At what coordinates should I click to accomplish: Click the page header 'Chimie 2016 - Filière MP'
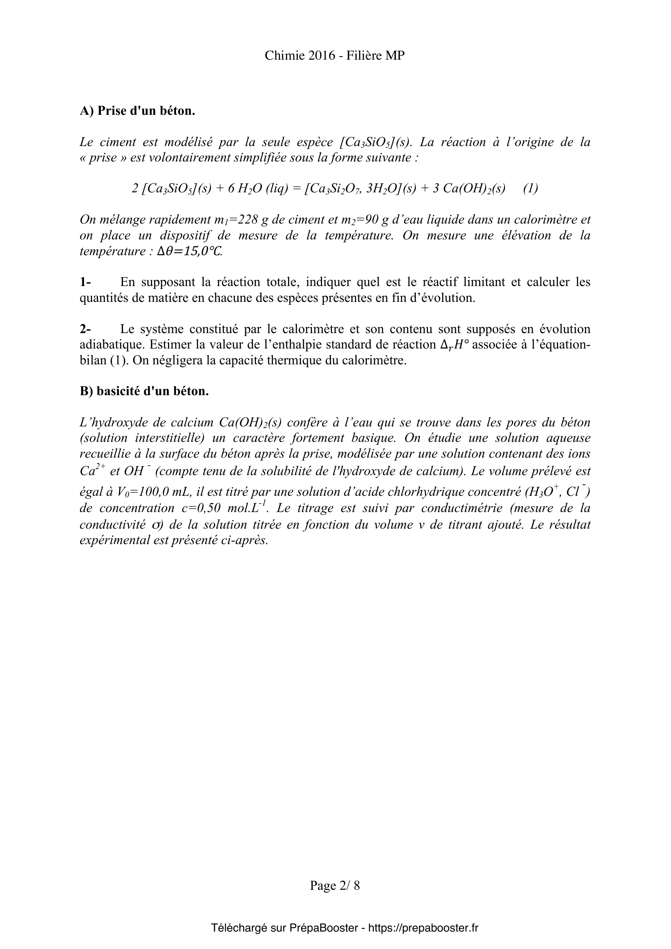pyautogui.click(x=335, y=56)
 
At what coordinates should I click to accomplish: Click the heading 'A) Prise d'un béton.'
pyautogui.click(x=137, y=111)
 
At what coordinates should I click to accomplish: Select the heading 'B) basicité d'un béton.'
pyautogui.click(x=144, y=391)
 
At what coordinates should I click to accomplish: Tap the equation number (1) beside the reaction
pyautogui.click(x=531, y=189)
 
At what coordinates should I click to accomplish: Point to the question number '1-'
pyautogui.click(x=86, y=282)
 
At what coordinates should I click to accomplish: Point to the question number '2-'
pyautogui.click(x=86, y=329)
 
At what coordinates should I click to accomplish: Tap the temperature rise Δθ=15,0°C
pyautogui.click(x=190, y=251)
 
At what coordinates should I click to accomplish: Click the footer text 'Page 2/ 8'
pyautogui.click(x=335, y=885)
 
